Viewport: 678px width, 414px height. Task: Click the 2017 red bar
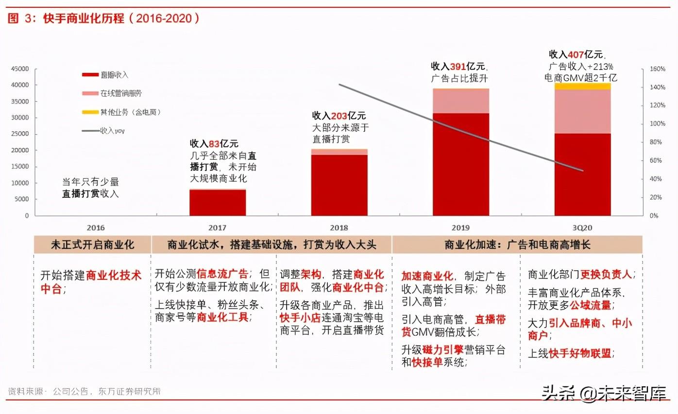tap(218, 202)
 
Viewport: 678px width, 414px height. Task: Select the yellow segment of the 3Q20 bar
tap(583, 86)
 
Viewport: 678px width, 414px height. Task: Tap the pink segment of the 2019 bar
tap(461, 101)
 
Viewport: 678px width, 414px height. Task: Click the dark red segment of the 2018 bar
tap(339, 185)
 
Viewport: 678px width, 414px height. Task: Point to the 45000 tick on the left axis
tap(20, 69)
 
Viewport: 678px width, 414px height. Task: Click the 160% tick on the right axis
tap(657, 69)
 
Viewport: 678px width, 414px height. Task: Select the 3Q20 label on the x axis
tap(582, 227)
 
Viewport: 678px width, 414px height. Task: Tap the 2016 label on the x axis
tap(96, 227)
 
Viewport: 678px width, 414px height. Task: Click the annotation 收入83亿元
tap(214, 144)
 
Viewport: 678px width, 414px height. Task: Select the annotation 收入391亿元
tap(459, 66)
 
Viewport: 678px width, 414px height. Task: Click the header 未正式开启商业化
tap(92, 245)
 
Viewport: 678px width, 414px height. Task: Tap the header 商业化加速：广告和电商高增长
tap(517, 245)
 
